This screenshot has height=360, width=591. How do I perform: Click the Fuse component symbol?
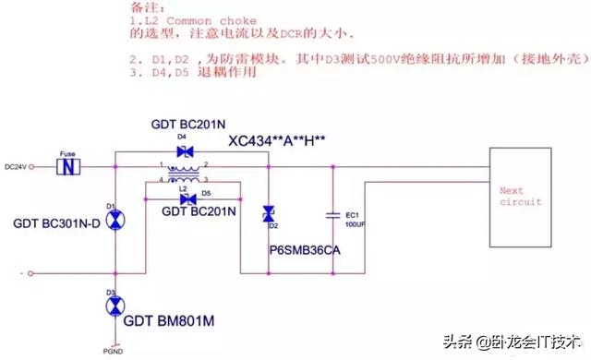coord(71,168)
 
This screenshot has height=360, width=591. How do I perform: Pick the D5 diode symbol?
coord(188,199)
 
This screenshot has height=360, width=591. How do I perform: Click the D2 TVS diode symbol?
coord(268,212)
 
